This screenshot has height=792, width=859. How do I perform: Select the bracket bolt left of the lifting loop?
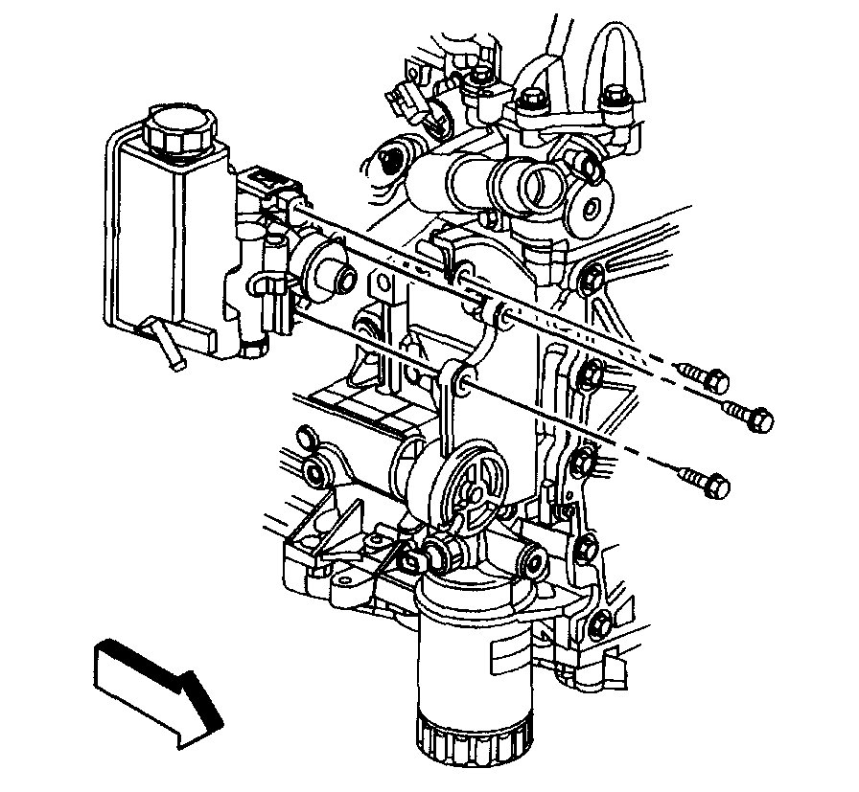(528, 100)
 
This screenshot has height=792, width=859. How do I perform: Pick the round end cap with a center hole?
(588, 204)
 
